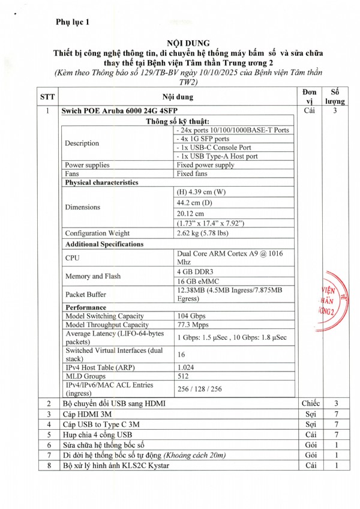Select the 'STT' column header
click(47, 97)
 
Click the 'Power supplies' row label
click(88, 165)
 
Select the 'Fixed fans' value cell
click(193, 173)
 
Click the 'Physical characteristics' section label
click(101, 182)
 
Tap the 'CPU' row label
click(72, 258)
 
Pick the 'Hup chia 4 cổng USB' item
click(98, 435)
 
